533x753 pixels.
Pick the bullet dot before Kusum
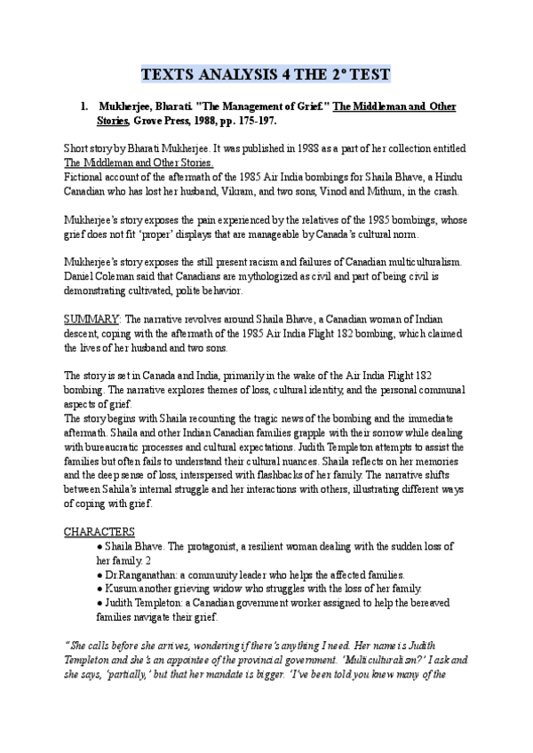click(x=99, y=588)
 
